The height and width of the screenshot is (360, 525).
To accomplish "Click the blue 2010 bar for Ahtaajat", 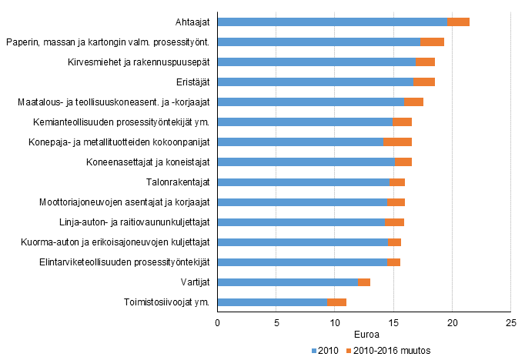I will click(x=333, y=22).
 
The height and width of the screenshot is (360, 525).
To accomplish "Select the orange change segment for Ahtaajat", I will click(x=459, y=22).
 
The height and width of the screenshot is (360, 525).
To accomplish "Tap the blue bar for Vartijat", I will click(x=288, y=282).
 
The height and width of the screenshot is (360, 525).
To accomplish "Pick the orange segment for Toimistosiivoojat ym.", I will click(x=337, y=302).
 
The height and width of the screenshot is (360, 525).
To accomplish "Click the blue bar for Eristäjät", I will click(x=316, y=82).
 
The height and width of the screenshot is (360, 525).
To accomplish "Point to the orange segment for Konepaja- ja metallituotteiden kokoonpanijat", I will click(x=397, y=142).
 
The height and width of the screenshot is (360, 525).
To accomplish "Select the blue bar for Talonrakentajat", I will click(x=303, y=182).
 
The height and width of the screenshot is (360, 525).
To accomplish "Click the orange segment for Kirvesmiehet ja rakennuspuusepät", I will click(x=426, y=62).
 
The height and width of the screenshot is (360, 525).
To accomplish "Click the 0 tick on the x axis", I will click(x=218, y=323).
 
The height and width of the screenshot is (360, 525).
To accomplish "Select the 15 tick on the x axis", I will click(x=393, y=323).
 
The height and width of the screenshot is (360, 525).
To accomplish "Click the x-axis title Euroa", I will click(x=364, y=335).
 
